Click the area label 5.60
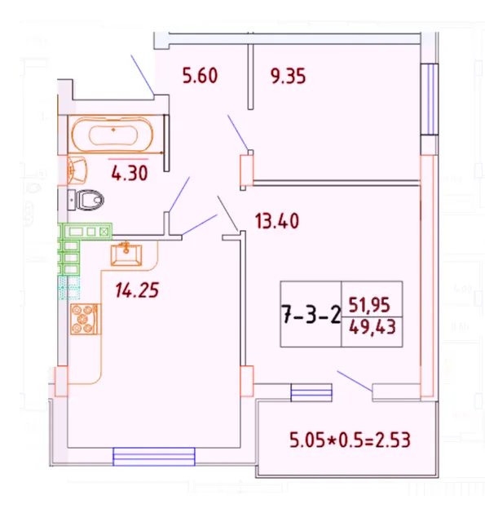point(200,77)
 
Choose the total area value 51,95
point(369,304)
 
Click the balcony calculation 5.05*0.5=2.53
point(350,442)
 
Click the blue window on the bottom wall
point(153,456)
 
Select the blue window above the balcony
point(311,394)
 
